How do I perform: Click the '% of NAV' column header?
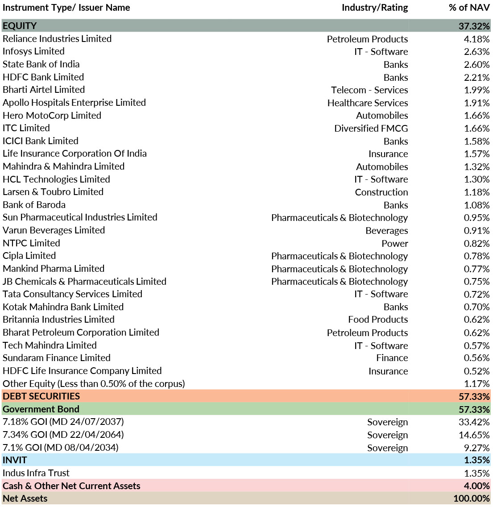(x=469, y=8)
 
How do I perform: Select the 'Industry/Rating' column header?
(x=375, y=8)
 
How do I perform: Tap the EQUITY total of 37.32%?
(x=474, y=26)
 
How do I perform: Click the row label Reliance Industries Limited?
(x=57, y=39)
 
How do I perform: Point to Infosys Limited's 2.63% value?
(x=477, y=52)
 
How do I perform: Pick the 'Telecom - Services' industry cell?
(x=369, y=90)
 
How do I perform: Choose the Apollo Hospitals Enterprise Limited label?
(x=74, y=103)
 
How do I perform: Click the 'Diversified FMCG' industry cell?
(x=371, y=129)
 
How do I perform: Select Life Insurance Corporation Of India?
(x=75, y=154)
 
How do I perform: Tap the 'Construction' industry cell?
(x=381, y=192)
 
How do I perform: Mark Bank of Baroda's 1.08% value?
(x=477, y=205)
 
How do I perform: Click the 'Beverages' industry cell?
(x=387, y=231)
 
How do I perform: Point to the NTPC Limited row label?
(x=31, y=243)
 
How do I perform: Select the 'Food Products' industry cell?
(x=378, y=320)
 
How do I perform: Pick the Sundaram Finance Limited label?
(x=57, y=358)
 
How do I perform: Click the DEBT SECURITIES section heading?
(x=41, y=396)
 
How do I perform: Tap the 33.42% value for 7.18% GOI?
(x=474, y=422)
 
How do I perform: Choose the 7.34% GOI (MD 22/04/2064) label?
(x=63, y=435)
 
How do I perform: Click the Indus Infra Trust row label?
(x=36, y=473)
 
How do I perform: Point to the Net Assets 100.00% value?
(x=472, y=499)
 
